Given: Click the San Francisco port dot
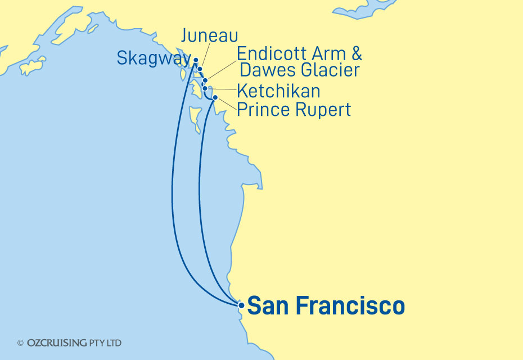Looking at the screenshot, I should tap(241, 305).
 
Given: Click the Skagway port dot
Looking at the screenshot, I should tap(196, 60).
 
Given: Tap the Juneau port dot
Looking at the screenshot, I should tap(200, 69).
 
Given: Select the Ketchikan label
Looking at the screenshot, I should tap(278, 90).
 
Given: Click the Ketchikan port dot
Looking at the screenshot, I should tap(205, 88).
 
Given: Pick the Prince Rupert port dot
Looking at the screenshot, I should tap(215, 97).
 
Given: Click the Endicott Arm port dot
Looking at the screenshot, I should tap(205, 80).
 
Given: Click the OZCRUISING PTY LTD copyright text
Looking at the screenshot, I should tap(73, 343).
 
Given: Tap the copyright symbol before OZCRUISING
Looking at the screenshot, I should tap(20, 343).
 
